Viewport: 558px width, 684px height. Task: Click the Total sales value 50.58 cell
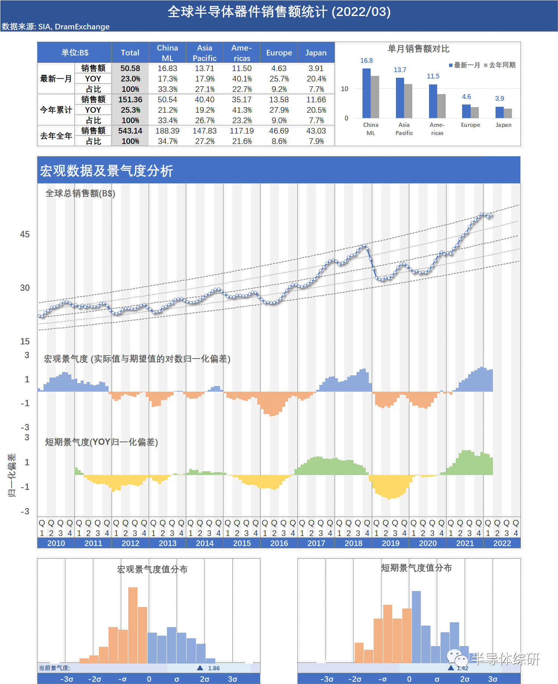130,68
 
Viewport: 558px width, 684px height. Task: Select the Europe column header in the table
279,52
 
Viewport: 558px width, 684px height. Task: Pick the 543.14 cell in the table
130,131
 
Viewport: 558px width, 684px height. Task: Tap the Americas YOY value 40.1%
242,79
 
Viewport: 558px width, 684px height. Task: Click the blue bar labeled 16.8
367,93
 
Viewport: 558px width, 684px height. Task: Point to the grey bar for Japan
508,113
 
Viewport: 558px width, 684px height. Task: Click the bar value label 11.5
433,76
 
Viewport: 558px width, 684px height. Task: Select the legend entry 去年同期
500,65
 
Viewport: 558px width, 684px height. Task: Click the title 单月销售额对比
418,49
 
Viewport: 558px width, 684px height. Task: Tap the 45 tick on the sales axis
25,234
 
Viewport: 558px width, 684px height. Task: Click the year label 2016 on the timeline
279,543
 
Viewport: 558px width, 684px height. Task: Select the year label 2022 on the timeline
502,543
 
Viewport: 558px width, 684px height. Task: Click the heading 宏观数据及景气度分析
106,171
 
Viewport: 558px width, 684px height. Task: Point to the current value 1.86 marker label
214,668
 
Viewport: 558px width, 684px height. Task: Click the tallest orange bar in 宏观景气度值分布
133,625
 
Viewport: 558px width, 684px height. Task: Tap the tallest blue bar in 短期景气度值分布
416,627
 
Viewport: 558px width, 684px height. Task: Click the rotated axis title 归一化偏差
12,475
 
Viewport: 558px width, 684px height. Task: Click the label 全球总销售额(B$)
80,193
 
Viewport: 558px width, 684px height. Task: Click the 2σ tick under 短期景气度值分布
465,679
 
